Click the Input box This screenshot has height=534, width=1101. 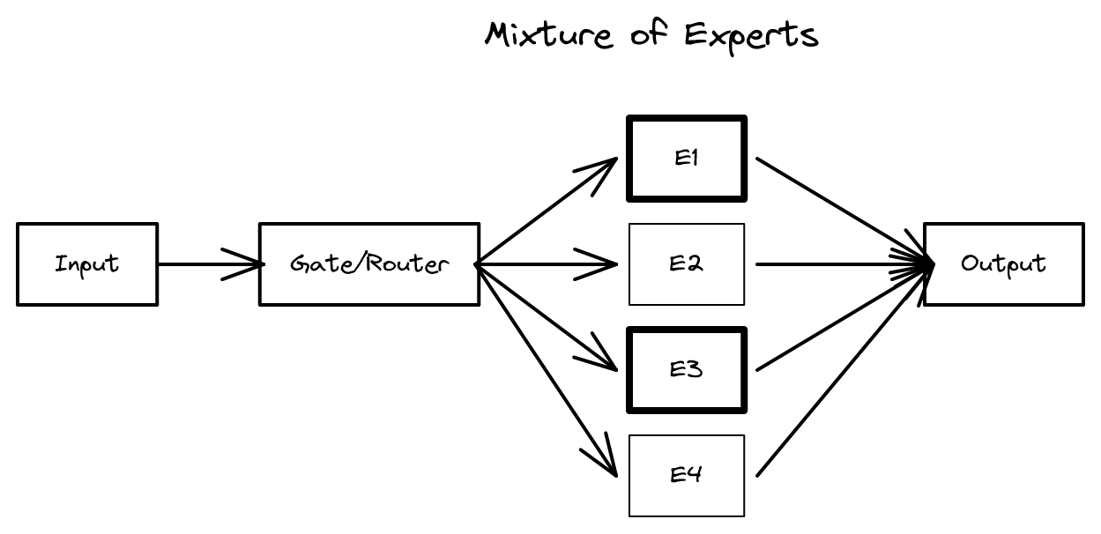tap(87, 264)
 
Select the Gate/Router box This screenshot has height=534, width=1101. tap(369, 264)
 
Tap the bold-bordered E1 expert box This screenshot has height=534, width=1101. tap(687, 159)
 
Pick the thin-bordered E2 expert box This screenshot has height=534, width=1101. tap(687, 264)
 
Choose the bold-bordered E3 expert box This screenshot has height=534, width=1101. tap(687, 370)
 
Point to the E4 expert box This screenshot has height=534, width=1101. tap(687, 476)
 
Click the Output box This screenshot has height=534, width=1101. tap(1004, 264)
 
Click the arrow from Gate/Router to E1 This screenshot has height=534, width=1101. tap(547, 211)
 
